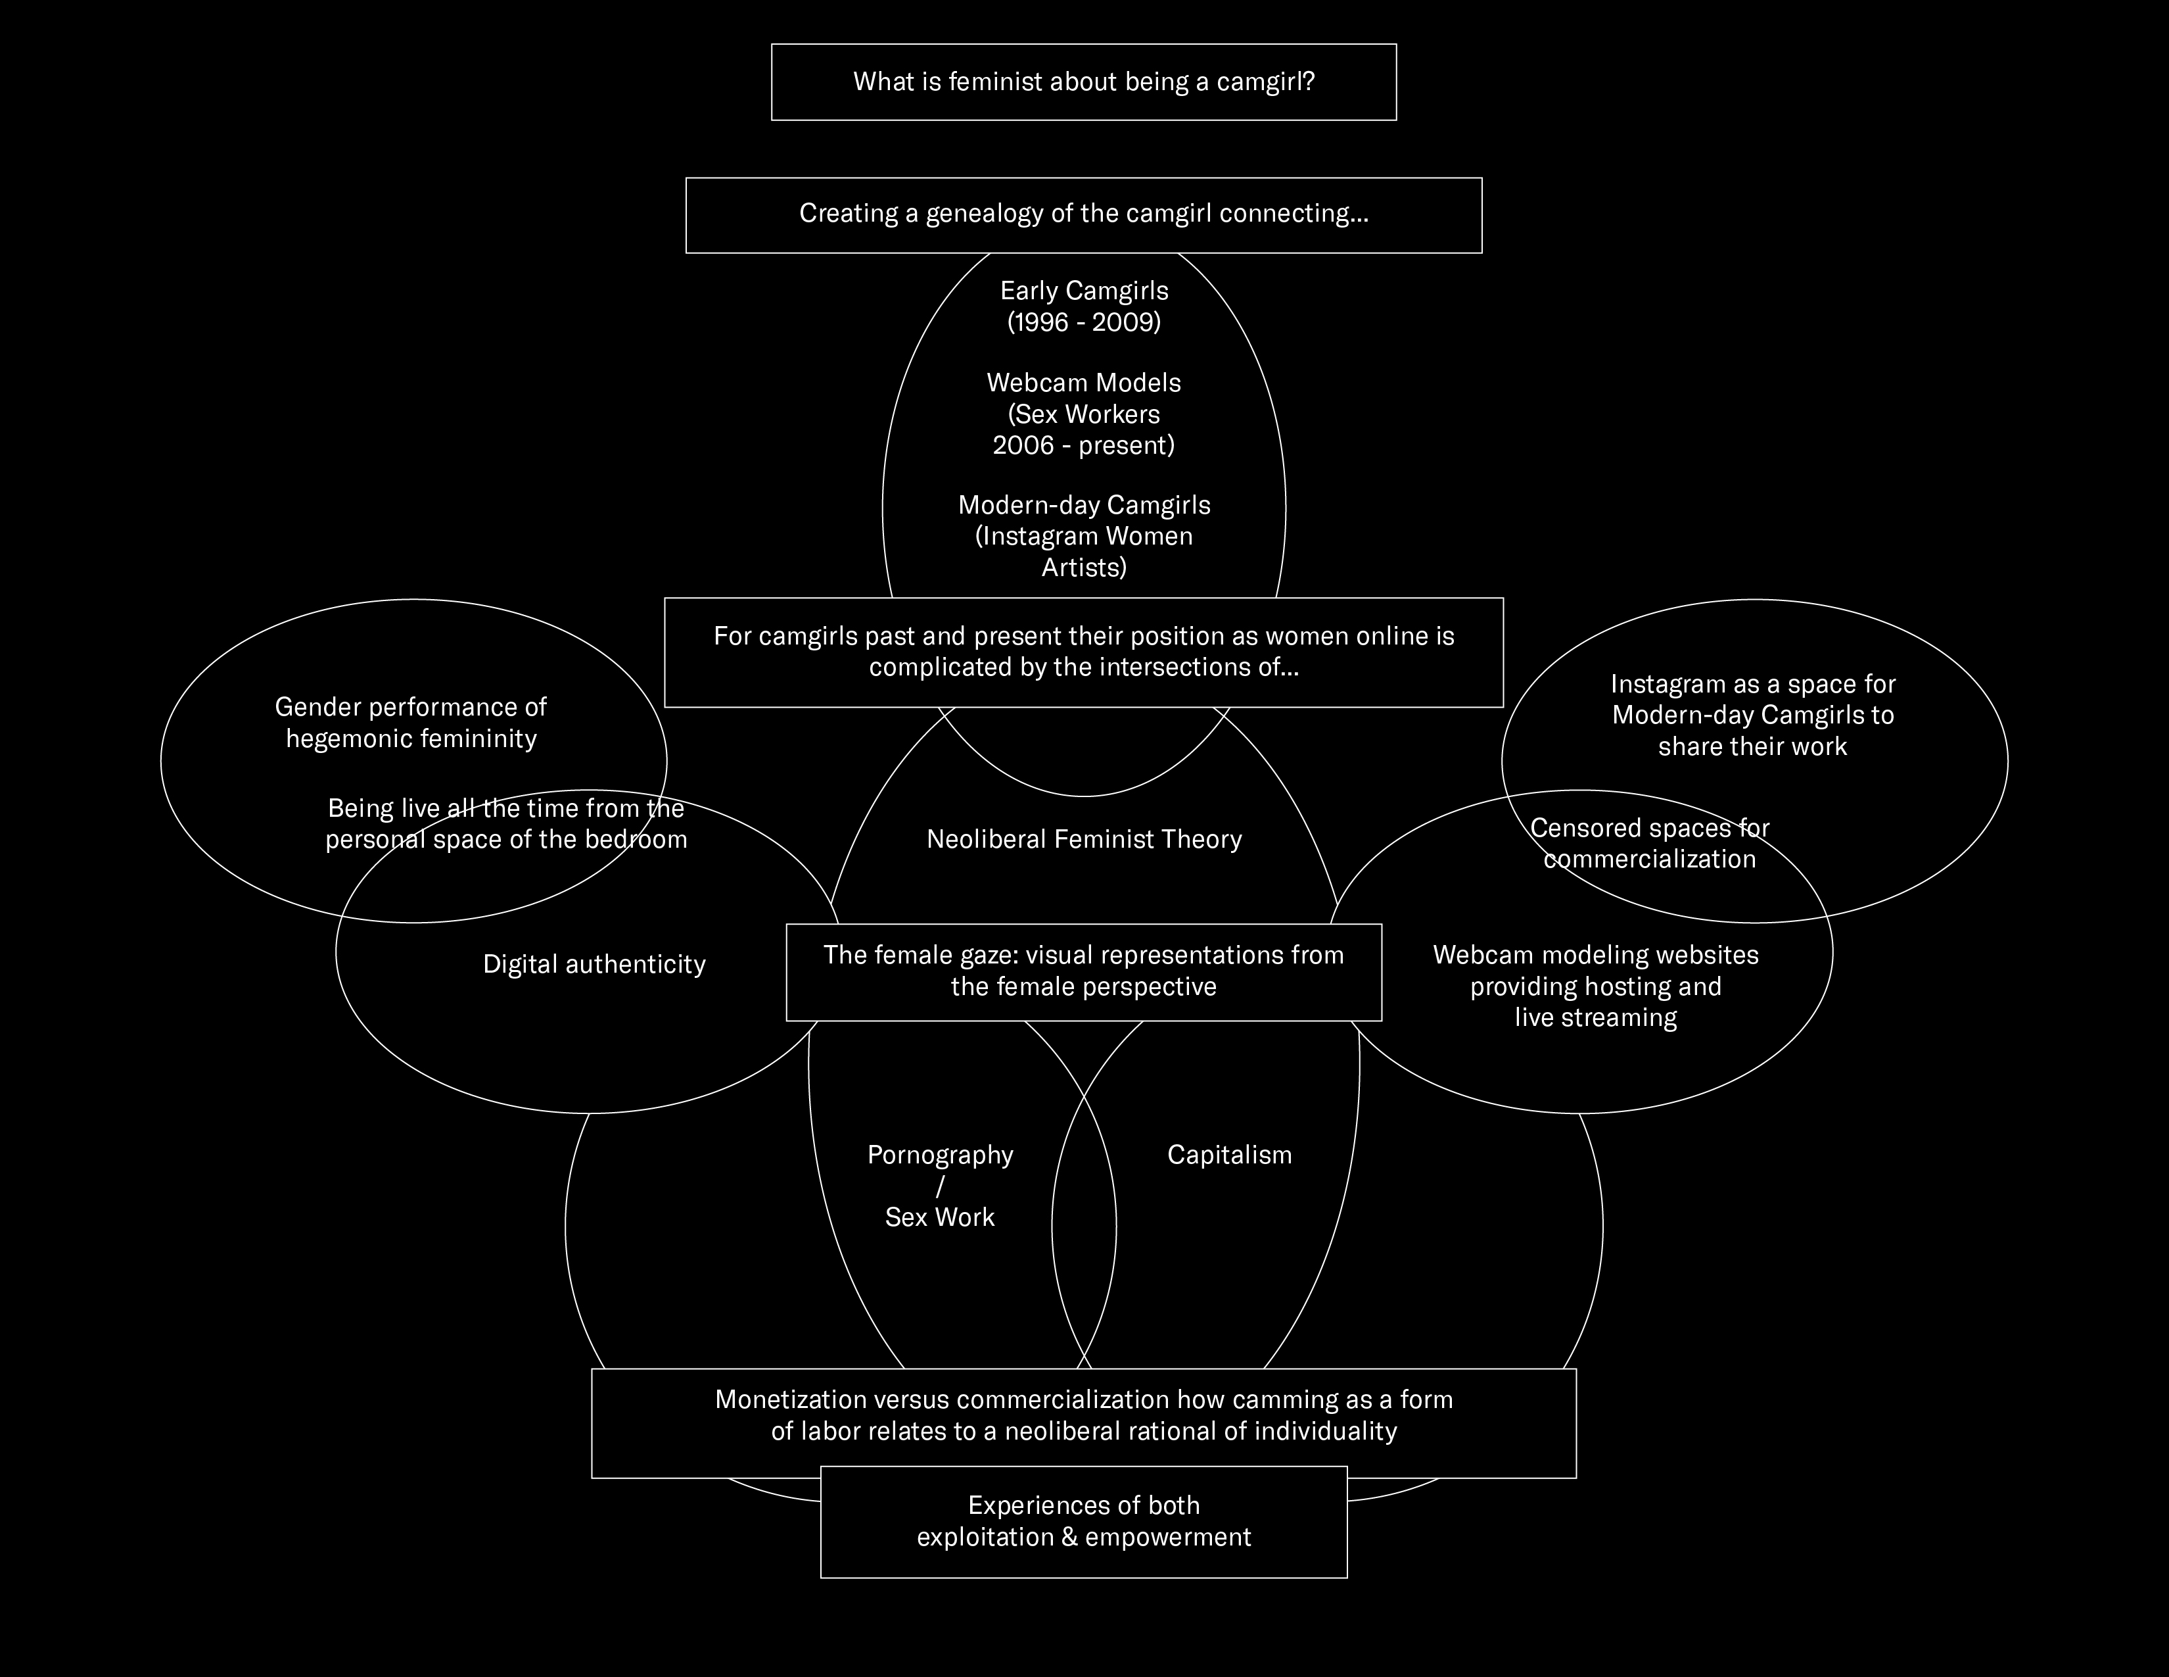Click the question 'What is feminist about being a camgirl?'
point(1083,82)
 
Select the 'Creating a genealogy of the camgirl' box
point(1083,214)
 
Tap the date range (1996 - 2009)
point(1083,322)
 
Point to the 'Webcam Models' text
point(1083,383)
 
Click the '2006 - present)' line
point(1083,445)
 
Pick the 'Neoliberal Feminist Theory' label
point(1083,840)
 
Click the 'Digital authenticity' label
point(594,963)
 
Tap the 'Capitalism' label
point(1230,1154)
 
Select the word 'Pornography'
point(939,1154)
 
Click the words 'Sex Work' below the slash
point(939,1217)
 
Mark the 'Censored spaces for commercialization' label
point(1650,844)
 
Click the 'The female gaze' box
point(1083,971)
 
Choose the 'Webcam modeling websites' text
point(1595,955)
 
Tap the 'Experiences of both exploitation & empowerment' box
point(1083,1521)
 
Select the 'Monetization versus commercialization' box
point(1083,1416)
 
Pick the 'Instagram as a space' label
point(1753,685)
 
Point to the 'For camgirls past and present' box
point(1083,652)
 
